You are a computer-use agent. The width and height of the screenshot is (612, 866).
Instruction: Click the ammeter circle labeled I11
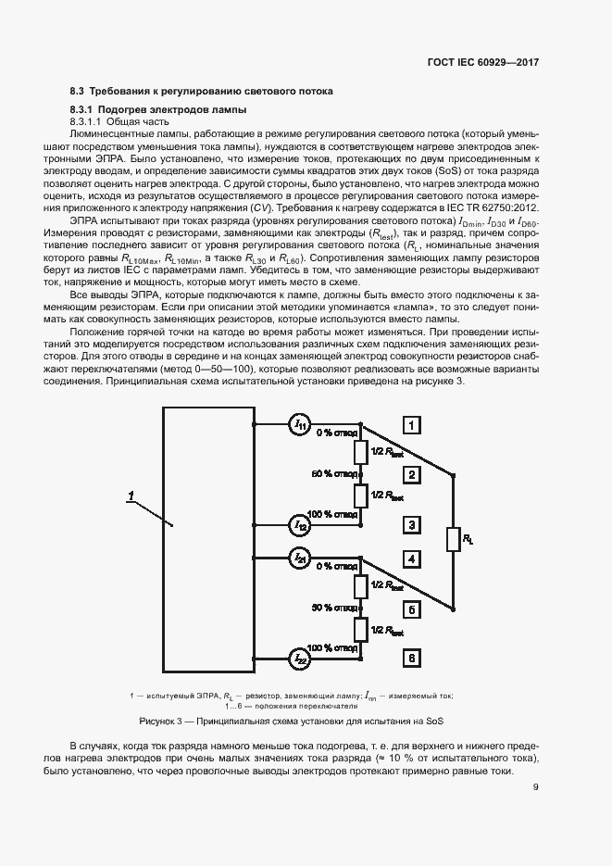(300, 425)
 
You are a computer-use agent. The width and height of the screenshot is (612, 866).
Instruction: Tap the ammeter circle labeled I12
(300, 525)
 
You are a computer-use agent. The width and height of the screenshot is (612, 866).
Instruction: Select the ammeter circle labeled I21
(300, 558)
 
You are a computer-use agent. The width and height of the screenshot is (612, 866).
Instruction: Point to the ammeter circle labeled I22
(300, 659)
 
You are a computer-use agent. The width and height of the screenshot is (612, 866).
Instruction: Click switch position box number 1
(412, 425)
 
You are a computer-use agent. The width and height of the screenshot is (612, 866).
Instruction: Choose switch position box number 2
(412, 475)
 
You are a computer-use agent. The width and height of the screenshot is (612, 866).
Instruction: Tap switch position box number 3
(412, 525)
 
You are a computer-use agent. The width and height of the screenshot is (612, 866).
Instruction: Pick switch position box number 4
(412, 559)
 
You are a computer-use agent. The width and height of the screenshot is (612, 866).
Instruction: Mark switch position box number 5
(412, 609)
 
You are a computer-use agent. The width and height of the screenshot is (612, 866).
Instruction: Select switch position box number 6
(412, 659)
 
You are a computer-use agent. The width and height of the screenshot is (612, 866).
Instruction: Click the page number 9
(536, 788)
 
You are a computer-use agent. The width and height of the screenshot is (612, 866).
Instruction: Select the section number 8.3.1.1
(85, 121)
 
